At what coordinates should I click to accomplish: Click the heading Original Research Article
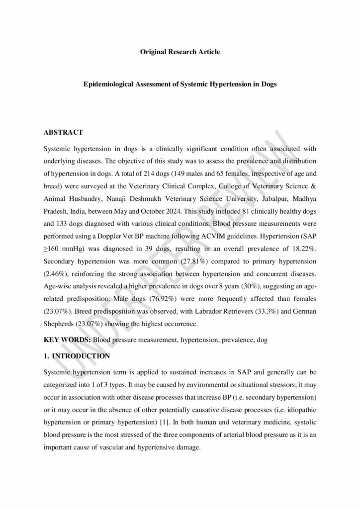click(x=180, y=52)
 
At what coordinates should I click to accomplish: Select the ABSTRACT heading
click(x=63, y=133)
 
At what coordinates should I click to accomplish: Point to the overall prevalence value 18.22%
click(x=304, y=252)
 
